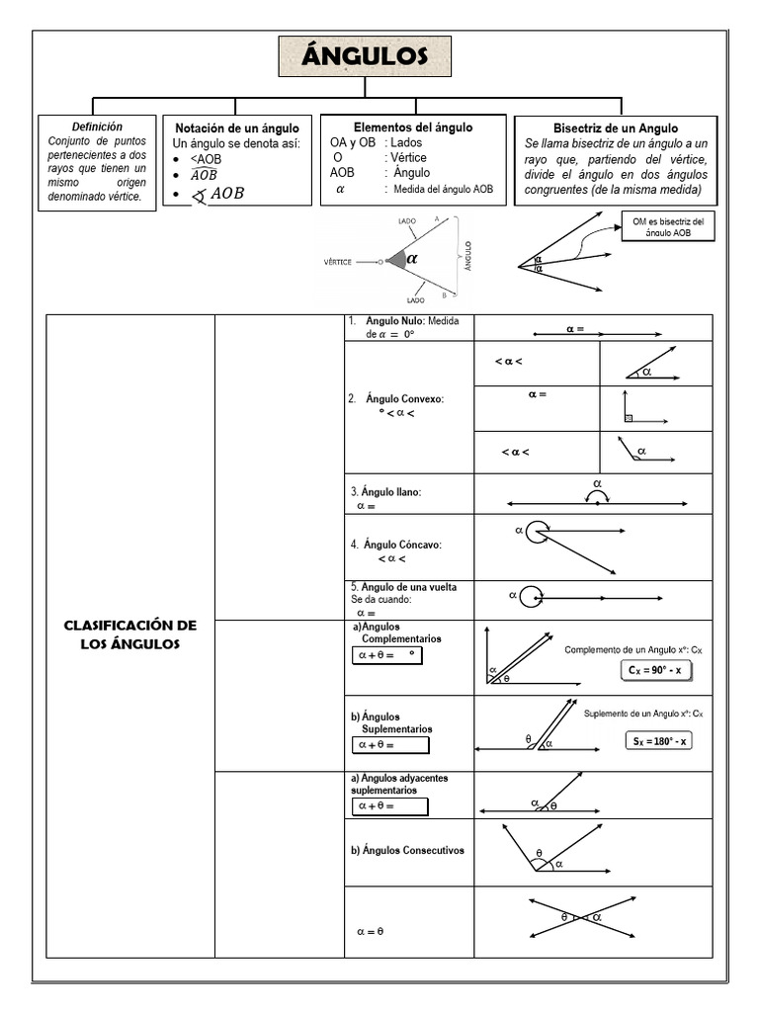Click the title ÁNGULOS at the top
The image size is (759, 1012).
coord(365,57)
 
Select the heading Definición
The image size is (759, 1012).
coord(97,126)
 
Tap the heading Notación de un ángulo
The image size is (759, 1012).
coord(236,128)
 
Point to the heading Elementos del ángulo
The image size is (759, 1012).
coord(413,127)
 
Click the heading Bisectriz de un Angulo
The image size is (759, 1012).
coord(616,128)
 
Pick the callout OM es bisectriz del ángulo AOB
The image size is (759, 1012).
coord(668,226)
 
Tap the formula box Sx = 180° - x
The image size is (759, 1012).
coord(657,740)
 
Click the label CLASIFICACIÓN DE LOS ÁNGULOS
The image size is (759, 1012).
coord(130,634)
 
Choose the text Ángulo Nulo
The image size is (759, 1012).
coord(393,321)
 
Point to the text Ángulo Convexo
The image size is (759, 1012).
coord(404,398)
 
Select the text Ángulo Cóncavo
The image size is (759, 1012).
coord(401,545)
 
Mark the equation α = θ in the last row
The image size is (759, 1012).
coord(370,930)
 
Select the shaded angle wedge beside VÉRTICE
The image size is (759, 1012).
coord(396,260)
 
